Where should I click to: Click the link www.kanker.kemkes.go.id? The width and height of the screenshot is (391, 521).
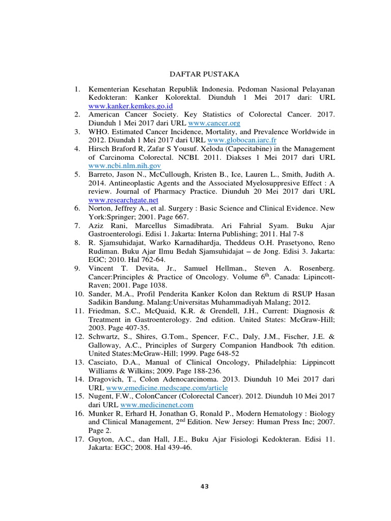(131, 106)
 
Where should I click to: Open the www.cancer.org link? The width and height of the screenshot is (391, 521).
(214, 123)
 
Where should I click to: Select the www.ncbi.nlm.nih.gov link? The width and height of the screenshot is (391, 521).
(125, 165)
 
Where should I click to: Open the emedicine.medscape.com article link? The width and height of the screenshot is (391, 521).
(171, 387)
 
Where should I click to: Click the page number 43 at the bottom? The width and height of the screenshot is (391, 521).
(205, 486)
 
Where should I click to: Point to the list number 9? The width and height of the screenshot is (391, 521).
(77, 268)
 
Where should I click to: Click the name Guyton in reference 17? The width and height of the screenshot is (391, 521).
(101, 439)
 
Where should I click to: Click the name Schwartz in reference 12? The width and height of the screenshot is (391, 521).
(104, 336)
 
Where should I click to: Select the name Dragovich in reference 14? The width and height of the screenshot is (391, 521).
(107, 379)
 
